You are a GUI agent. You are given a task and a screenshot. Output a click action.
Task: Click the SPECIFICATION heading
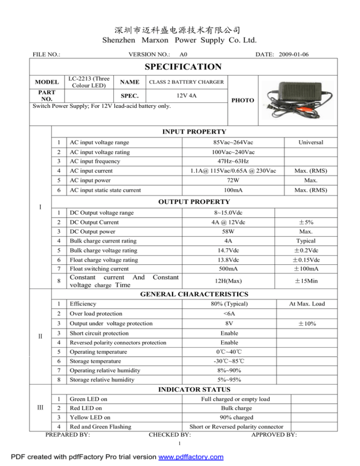(180, 67)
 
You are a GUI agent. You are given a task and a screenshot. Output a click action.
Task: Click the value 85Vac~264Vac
(226, 143)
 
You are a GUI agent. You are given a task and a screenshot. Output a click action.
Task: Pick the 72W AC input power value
(226, 180)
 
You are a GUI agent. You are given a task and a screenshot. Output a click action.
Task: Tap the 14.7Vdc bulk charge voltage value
(226, 250)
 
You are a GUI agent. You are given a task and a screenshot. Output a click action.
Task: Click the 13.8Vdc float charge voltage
(226, 260)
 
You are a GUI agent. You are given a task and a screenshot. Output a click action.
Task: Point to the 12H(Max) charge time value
(226, 281)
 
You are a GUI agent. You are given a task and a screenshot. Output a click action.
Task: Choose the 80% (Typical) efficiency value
(226, 304)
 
